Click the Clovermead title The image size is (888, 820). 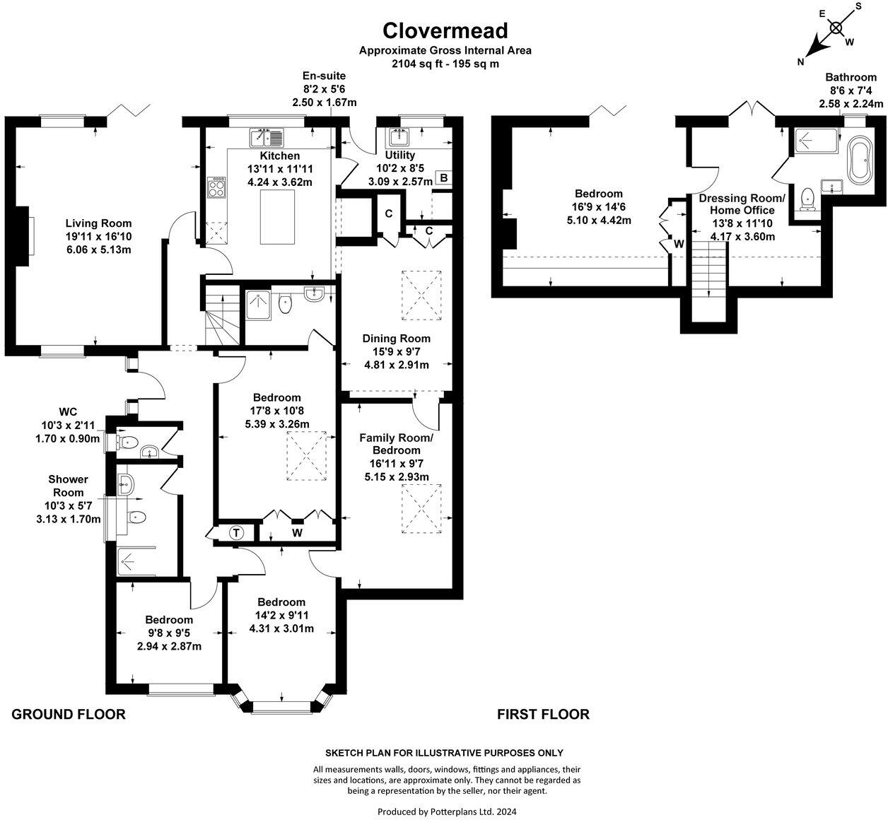(445, 30)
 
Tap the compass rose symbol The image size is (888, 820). (836, 28)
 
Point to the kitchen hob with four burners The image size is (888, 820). (216, 188)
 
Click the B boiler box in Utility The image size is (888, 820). (443, 178)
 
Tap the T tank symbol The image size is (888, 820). (236, 533)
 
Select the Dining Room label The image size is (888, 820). (396, 339)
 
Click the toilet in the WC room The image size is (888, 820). (127, 443)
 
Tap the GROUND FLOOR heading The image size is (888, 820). (69, 714)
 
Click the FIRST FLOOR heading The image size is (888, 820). (543, 714)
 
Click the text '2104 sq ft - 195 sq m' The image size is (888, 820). (445, 63)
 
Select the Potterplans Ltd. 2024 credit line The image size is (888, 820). (447, 812)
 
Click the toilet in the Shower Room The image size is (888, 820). (136, 517)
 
